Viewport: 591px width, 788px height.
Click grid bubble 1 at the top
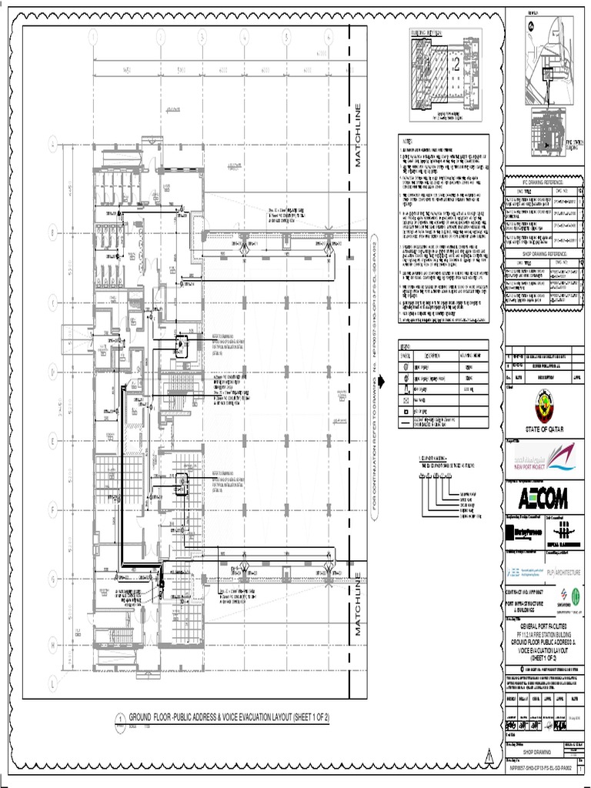[x=94, y=36]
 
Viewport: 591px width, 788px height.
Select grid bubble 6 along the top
[x=328, y=36]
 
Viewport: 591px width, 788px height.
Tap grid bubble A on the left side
[x=53, y=142]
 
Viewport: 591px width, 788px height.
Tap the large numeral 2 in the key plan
[x=455, y=67]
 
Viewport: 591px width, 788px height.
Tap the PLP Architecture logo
[x=564, y=573]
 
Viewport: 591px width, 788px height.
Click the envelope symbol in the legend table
[x=406, y=401]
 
